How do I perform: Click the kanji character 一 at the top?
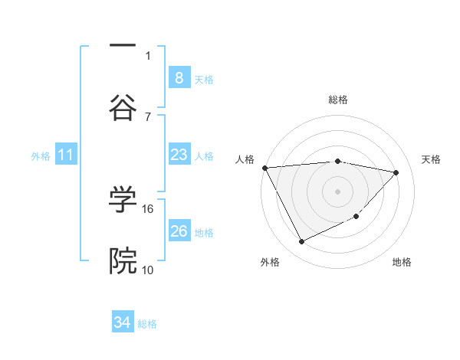tap(123, 47)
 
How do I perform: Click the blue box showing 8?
tap(179, 78)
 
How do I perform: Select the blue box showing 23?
tap(179, 155)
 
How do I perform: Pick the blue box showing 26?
tap(179, 231)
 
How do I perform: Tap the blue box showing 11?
tap(65, 155)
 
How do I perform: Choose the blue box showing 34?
tap(123, 323)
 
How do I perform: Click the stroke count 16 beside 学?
tap(148, 208)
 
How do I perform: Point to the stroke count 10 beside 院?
tap(148, 270)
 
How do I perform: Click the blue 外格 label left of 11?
tap(41, 156)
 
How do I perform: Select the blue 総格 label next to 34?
tap(147, 324)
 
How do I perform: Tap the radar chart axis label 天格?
tap(431, 159)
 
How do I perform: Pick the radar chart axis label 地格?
tap(402, 262)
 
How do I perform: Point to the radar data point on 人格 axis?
tap(264, 168)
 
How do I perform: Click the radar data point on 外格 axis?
tap(301, 242)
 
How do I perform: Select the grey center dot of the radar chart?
tap(337, 191)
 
